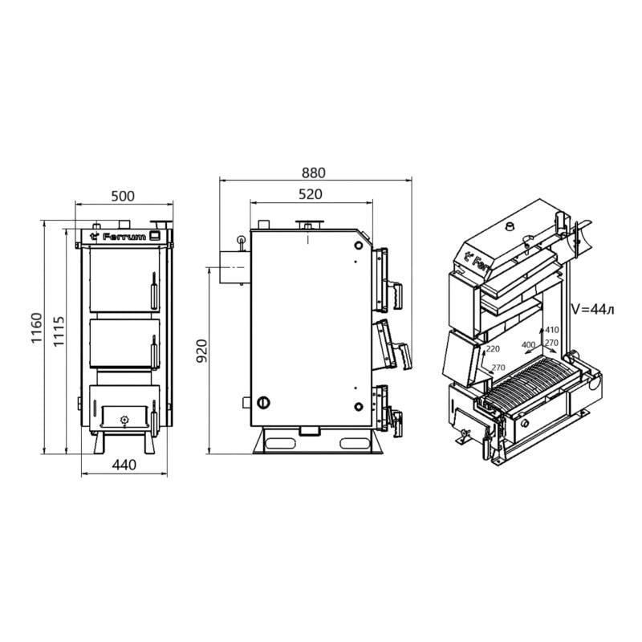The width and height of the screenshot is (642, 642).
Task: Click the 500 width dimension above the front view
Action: (x=122, y=196)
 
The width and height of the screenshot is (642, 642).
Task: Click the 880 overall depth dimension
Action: (x=315, y=173)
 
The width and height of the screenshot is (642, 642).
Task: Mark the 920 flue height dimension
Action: (x=201, y=351)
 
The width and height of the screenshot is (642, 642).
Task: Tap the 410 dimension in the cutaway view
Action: (x=551, y=330)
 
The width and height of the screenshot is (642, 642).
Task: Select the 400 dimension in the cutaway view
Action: (x=528, y=344)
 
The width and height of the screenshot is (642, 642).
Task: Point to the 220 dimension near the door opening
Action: (x=492, y=349)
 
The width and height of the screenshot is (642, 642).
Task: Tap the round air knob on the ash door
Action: (x=123, y=419)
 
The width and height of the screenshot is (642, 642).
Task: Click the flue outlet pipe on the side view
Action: (x=229, y=266)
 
